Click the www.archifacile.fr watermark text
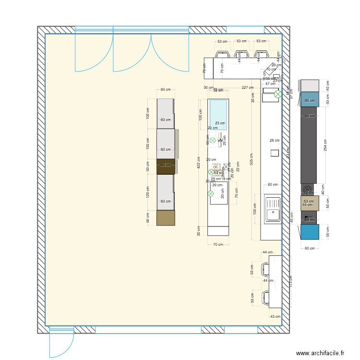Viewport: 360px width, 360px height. pos(320,353)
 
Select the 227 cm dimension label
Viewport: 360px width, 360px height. pos(248,87)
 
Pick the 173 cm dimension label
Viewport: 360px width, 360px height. pos(290,282)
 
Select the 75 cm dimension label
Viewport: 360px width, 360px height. pos(236,192)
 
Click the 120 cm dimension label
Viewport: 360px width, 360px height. pos(148,192)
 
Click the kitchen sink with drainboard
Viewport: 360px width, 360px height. pos(272,208)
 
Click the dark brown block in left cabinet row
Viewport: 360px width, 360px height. pos(166,166)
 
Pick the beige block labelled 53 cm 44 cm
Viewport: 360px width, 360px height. pos(310,203)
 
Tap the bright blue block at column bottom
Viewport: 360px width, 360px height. pos(310,232)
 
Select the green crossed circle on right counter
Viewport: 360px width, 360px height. pos(277,95)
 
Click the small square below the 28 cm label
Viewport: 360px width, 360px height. pos(275,153)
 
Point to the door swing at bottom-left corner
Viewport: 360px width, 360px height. pos(61,342)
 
